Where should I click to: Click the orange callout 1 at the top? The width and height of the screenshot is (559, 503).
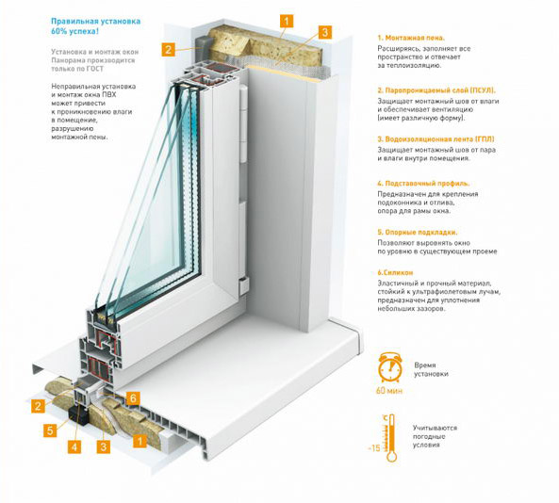point(287,21)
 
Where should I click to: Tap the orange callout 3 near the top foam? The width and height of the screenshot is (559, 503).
point(325,32)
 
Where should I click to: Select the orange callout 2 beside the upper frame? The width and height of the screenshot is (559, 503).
point(169,49)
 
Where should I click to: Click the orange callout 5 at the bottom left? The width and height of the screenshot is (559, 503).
point(50,430)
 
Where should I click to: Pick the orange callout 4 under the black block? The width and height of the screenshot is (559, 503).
point(74,446)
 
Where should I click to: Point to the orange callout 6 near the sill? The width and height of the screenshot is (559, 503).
point(133,398)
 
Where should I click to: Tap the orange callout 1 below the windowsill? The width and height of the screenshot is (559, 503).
point(140,441)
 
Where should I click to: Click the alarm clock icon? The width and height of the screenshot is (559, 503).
point(390,367)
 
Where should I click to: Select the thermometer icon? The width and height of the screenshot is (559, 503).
point(391,438)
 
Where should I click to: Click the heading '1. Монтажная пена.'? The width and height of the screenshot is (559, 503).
point(411,38)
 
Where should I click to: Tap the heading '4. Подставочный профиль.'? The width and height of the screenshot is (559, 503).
point(423,184)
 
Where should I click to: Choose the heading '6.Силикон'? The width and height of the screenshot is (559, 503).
point(395,272)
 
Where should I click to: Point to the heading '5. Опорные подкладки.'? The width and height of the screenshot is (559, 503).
point(417,233)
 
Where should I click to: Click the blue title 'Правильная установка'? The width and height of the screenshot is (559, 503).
point(95,21)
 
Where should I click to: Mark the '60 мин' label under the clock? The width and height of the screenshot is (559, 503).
point(389,391)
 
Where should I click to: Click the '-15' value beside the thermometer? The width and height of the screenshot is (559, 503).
point(374,447)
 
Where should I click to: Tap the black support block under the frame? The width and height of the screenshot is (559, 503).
point(78,415)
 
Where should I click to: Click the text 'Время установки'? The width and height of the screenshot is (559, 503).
point(431,369)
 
